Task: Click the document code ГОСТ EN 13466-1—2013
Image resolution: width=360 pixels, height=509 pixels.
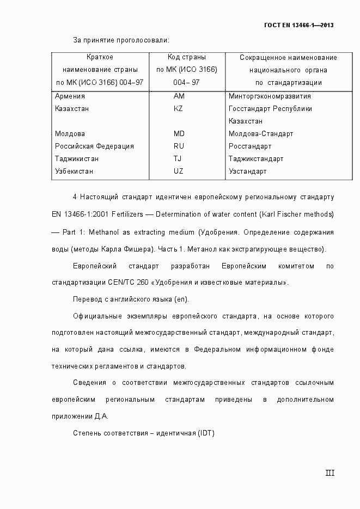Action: click(298, 25)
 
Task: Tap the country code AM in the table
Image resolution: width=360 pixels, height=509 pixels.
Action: click(179, 96)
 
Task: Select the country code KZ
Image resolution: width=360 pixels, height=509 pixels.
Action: click(178, 108)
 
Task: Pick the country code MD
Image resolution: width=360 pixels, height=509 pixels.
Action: click(179, 133)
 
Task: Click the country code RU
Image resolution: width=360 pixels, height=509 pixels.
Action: click(179, 146)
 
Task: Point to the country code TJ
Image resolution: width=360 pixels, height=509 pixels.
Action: click(178, 158)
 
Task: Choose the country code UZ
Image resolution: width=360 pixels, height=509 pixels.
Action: click(178, 171)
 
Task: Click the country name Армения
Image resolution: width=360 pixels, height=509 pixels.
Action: click(70, 96)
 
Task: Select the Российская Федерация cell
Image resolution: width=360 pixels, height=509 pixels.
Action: click(94, 146)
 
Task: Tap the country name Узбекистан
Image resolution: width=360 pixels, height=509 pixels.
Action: click(74, 171)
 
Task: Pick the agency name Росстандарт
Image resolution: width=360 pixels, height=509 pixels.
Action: click(250, 146)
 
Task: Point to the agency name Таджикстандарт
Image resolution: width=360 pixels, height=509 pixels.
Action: click(256, 158)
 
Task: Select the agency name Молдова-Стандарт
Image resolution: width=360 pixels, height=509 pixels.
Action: click(261, 133)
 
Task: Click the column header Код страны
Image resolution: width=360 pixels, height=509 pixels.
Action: click(186, 57)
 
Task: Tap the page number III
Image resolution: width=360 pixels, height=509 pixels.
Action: click(330, 473)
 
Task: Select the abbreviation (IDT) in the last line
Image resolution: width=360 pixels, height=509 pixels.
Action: click(206, 433)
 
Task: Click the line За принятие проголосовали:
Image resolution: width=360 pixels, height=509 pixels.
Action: click(121, 40)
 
